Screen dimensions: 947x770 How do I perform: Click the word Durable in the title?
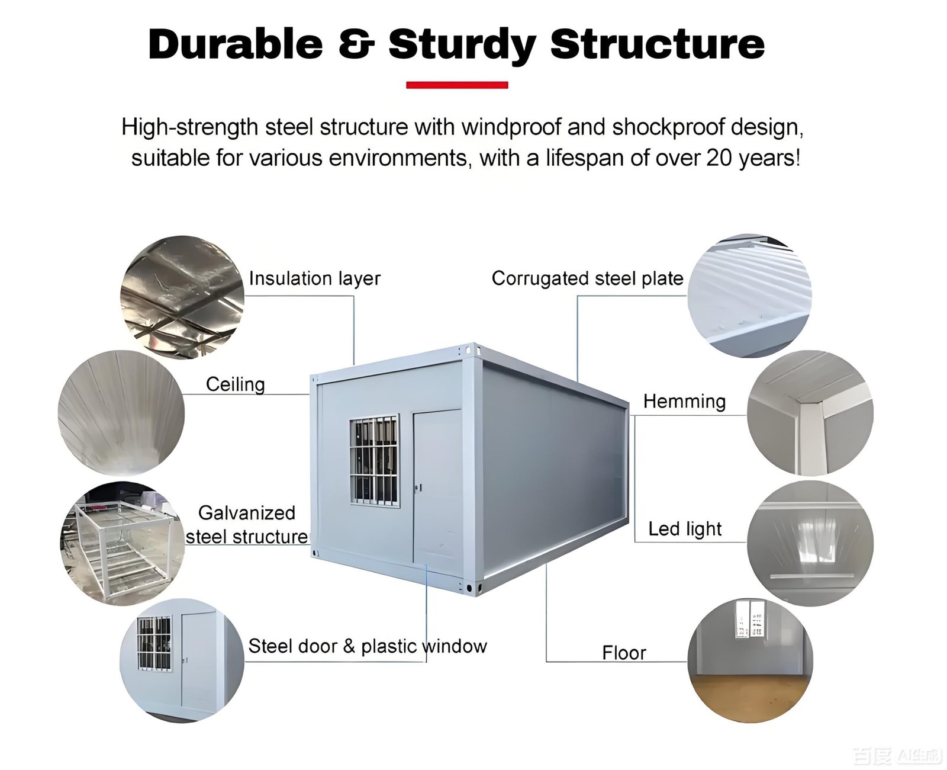(x=236, y=44)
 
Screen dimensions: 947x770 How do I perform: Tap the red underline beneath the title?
(x=457, y=85)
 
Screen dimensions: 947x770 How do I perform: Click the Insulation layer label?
(x=314, y=278)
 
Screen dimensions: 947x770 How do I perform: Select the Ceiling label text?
(x=235, y=384)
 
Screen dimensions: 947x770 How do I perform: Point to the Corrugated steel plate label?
(x=587, y=278)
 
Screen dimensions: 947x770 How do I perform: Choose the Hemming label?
(x=684, y=401)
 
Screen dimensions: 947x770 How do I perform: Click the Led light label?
(x=685, y=529)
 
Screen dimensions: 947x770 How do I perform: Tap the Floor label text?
(x=624, y=653)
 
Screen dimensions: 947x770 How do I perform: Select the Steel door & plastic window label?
(x=367, y=646)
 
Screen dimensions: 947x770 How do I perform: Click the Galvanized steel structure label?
(x=247, y=525)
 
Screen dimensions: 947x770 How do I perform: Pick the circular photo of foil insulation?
(x=182, y=297)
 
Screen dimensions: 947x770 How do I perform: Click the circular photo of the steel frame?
(x=123, y=543)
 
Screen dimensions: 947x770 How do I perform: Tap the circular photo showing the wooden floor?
(x=750, y=661)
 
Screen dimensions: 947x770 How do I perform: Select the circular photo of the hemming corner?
(x=810, y=413)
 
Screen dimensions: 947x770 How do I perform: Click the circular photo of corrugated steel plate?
(x=749, y=296)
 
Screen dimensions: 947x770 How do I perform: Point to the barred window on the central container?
(x=374, y=460)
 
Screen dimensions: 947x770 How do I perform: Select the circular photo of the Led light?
(x=810, y=543)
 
